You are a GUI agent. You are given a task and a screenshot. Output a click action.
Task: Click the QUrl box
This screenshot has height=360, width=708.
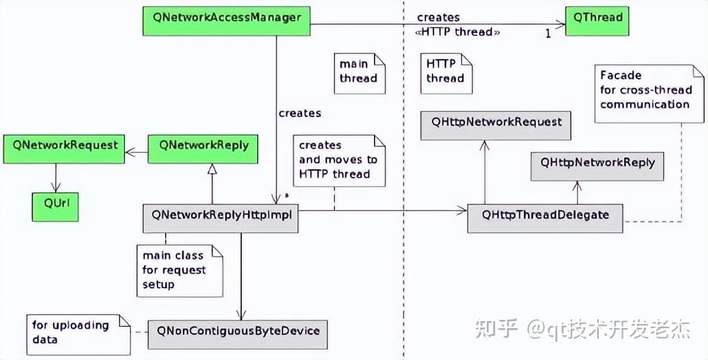[x=55, y=203]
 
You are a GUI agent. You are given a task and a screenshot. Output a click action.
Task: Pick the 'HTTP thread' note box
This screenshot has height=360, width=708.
[x=445, y=72]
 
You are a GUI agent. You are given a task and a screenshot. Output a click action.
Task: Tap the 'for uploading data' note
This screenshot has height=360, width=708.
[x=78, y=332]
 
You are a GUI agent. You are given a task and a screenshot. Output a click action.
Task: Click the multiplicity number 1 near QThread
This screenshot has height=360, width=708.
[x=548, y=34]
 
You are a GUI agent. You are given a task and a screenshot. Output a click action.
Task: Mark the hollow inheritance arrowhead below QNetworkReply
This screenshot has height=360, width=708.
[x=211, y=169]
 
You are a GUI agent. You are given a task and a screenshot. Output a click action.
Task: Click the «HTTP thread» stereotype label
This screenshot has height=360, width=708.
[x=458, y=32]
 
